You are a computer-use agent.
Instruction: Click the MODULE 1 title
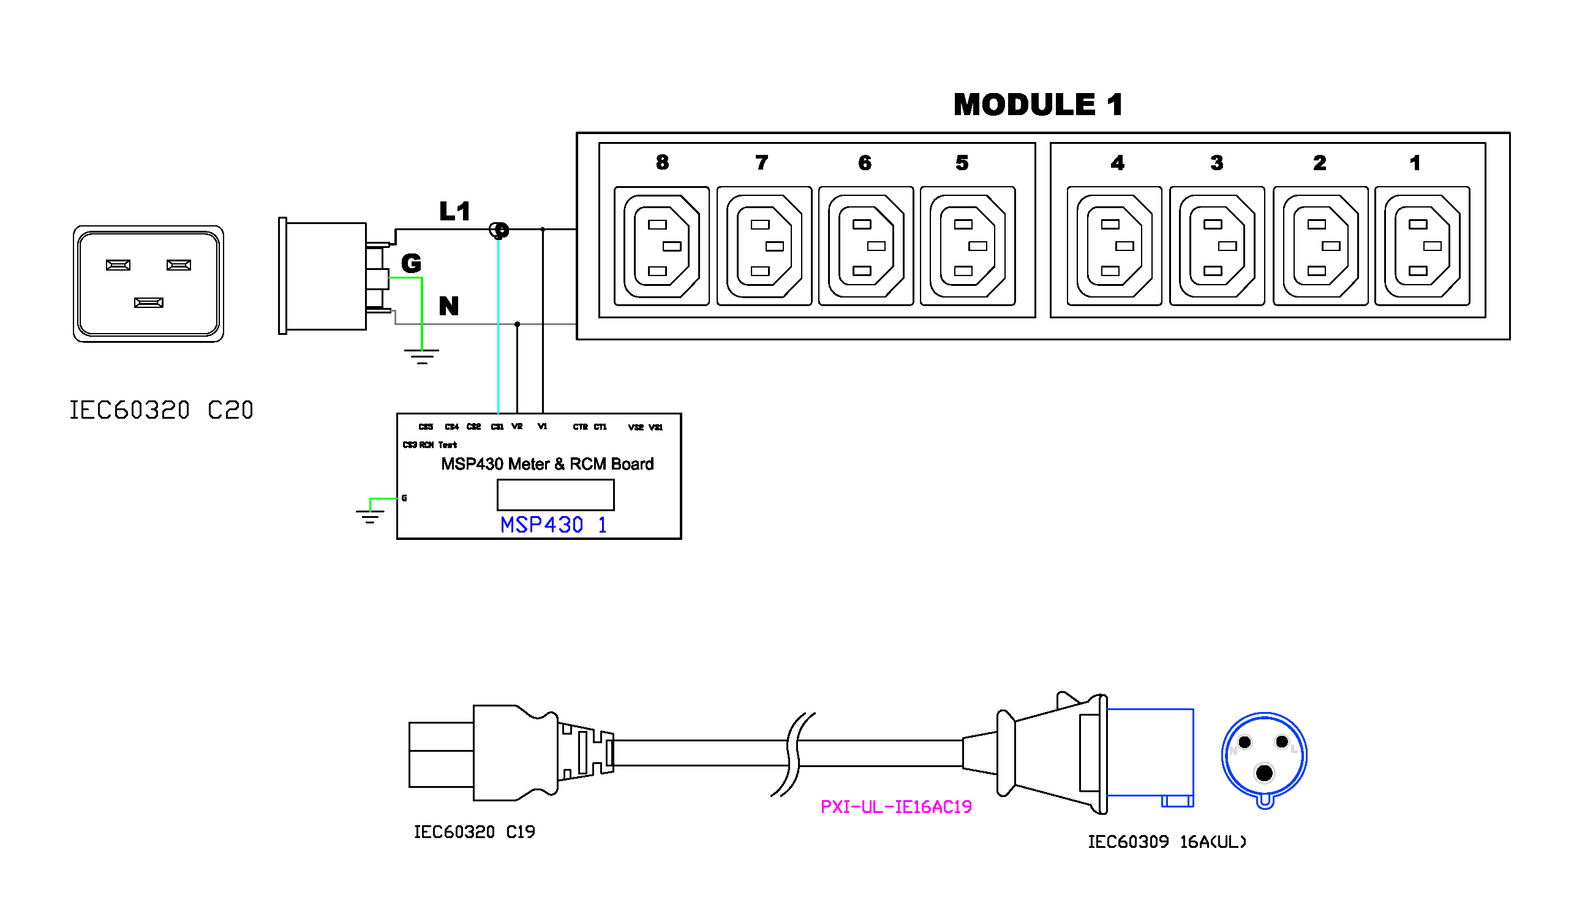pyautogui.click(x=1038, y=105)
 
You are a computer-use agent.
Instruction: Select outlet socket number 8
pyautogui.click(x=661, y=246)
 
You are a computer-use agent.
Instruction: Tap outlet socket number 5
pyautogui.click(x=967, y=246)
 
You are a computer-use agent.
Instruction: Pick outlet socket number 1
pyautogui.click(x=1422, y=246)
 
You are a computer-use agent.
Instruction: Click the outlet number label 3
pyautogui.click(x=1216, y=163)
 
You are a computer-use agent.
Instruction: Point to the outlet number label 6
pyautogui.click(x=865, y=163)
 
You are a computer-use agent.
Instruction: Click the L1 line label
pyautogui.click(x=454, y=212)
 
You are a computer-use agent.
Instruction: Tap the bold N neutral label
pyautogui.click(x=448, y=306)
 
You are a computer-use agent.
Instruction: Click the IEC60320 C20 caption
pyautogui.click(x=160, y=411)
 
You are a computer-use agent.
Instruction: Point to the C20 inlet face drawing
pyautogui.click(x=148, y=283)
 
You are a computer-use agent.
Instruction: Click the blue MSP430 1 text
pyautogui.click(x=553, y=525)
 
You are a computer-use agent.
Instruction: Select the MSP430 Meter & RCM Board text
pyautogui.click(x=547, y=464)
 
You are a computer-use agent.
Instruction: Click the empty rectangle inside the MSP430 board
pyautogui.click(x=555, y=495)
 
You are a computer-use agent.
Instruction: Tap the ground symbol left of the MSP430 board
pyautogui.click(x=370, y=515)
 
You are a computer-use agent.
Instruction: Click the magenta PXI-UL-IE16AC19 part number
pyautogui.click(x=895, y=807)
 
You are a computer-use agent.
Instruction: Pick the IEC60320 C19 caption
pyautogui.click(x=474, y=832)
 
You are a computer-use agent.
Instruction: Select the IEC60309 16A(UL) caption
pyautogui.click(x=1166, y=842)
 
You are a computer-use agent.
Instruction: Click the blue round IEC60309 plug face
pyautogui.click(x=1263, y=757)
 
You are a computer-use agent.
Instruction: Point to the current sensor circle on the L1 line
pyautogui.click(x=499, y=230)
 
